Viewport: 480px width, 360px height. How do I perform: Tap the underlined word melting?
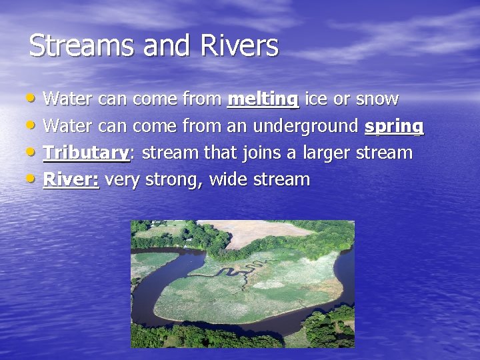(263, 99)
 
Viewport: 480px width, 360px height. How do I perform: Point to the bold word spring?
(394, 126)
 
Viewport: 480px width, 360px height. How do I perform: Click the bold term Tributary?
(86, 153)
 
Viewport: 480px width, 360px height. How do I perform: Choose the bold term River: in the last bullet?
(71, 179)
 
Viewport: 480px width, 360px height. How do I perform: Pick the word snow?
(377, 99)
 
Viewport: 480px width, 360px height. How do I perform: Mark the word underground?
(307, 126)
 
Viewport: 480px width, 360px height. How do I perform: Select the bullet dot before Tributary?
(34, 151)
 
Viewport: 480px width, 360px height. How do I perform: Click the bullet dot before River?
(34, 178)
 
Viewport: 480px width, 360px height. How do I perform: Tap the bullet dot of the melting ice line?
(34, 98)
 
